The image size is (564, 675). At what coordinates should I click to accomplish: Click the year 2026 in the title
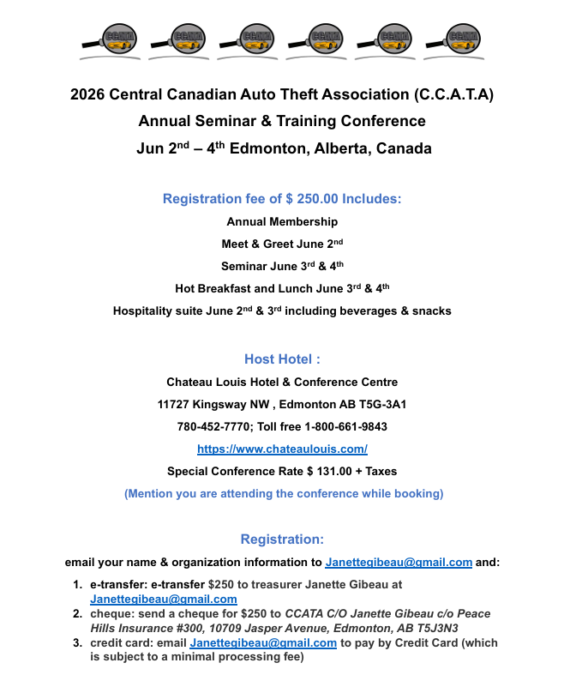click(88, 94)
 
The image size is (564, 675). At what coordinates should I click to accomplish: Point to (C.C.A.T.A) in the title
click(453, 94)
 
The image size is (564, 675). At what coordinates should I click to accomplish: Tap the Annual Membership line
click(282, 221)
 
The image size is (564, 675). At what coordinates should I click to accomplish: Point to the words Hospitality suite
click(158, 310)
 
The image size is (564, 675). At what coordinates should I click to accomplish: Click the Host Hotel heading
click(282, 359)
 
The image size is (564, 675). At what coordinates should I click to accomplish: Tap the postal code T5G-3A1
click(377, 404)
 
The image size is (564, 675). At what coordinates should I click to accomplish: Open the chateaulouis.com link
click(282, 449)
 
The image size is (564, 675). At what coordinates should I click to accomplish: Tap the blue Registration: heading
click(282, 539)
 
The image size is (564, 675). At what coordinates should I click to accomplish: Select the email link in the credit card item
click(263, 642)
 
